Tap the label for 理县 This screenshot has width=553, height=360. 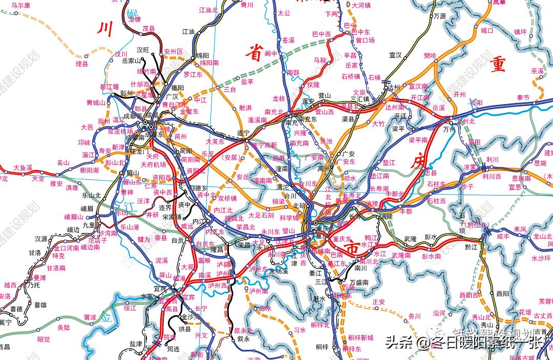tap(82, 64)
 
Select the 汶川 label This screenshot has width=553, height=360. tap(121, 54)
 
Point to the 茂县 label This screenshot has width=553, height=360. tap(148, 29)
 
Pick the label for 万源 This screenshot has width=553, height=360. tap(440, 16)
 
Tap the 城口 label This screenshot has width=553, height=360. tap(486, 30)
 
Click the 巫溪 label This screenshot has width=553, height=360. tap(537, 71)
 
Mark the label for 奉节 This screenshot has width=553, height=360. tap(523, 97)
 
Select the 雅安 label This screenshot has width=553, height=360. tap(57, 183)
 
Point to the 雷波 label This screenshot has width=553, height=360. tap(90, 317)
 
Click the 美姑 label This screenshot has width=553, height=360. tap(63, 327)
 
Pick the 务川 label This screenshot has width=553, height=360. tap(414, 316)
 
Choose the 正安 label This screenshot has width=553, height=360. tap(378, 302)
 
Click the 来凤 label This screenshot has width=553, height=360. tap(520, 229)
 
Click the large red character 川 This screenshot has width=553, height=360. tap(105, 29)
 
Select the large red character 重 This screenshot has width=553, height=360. tap(497, 66)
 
